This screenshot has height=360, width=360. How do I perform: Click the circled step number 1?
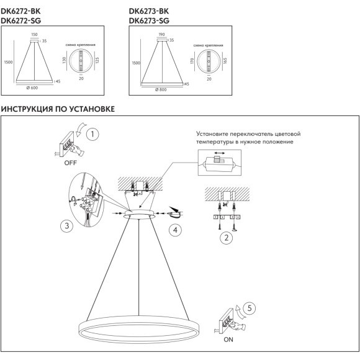(x=92, y=134)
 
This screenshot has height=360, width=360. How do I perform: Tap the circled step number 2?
(x=227, y=238)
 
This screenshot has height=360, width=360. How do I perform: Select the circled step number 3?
(x=66, y=226)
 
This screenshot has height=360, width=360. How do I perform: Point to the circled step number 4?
(x=175, y=230)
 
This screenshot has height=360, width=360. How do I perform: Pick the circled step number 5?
(x=250, y=308)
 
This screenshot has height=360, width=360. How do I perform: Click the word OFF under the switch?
(x=71, y=163)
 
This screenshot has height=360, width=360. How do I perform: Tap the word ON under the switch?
(x=228, y=340)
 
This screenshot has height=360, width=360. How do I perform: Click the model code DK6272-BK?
(x=20, y=11)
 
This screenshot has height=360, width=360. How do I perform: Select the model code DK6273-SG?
(x=149, y=20)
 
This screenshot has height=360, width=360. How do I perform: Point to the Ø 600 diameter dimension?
(x=32, y=88)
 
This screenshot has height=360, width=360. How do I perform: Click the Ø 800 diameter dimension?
(x=161, y=89)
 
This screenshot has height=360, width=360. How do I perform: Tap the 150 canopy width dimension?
(x=34, y=34)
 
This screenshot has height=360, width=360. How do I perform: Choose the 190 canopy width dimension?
(x=161, y=34)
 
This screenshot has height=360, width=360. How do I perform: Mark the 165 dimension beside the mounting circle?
(x=225, y=61)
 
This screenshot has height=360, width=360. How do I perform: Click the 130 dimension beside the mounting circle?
(x=64, y=60)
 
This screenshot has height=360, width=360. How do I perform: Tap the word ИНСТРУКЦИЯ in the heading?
(x=27, y=109)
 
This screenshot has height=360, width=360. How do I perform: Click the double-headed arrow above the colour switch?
(x=220, y=153)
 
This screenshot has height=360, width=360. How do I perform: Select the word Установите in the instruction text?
(x=212, y=133)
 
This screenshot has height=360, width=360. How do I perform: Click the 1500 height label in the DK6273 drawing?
(x=136, y=63)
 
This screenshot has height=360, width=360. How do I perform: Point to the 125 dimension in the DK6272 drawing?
(x=97, y=60)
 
